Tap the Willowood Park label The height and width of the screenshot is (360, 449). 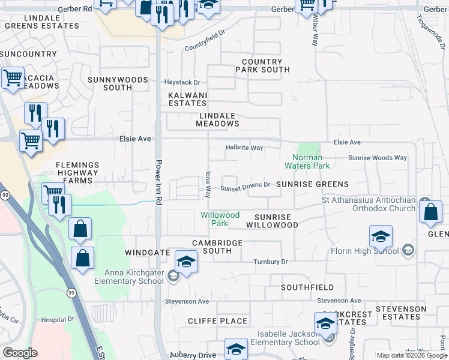tap(220, 219)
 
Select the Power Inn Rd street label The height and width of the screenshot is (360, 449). tap(159, 179)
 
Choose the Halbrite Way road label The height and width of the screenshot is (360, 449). tap(244, 148)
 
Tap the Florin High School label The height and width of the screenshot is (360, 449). tap(365, 250)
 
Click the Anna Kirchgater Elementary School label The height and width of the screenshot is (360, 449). tap(133, 276)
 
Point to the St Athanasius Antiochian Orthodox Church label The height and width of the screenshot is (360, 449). tap(369, 204)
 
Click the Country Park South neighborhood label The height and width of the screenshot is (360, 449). tap(262, 66)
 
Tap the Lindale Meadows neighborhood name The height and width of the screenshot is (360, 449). tap(217, 119)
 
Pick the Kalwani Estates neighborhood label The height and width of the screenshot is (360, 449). tap(187, 99)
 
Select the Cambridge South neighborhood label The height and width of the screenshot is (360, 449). tap(217, 247)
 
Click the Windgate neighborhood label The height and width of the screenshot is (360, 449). tap(148, 253)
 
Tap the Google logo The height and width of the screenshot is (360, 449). tap(20, 353)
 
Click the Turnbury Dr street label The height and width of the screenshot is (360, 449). tap(270, 262)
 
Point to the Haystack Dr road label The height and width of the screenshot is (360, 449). tap(182, 82)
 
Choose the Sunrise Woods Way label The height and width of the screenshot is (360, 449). tap(378, 158)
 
